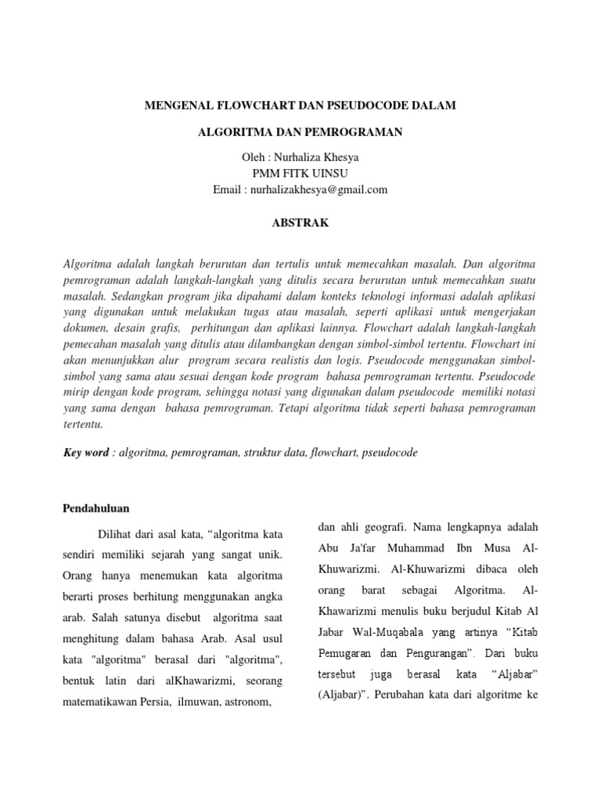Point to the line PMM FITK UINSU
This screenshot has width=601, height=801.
click(300, 173)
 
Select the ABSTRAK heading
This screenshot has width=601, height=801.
click(300, 223)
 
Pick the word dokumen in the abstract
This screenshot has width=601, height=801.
click(85, 330)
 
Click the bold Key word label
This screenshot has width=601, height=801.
click(85, 453)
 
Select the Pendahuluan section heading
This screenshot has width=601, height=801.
click(95, 508)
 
